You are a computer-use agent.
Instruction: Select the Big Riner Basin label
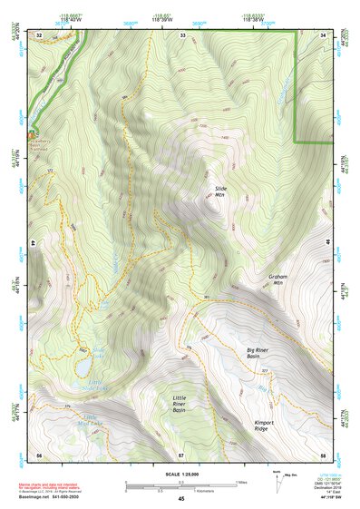coord(259,352)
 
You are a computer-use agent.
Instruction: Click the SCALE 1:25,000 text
coord(180,473)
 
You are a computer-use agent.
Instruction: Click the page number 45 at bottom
coord(180,499)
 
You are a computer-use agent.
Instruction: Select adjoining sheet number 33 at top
coord(182,34)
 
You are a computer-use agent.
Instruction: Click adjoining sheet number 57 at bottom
coord(180,454)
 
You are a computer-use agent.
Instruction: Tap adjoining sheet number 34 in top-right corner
coord(326,34)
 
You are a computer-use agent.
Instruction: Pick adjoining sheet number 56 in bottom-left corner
coord(38,454)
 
